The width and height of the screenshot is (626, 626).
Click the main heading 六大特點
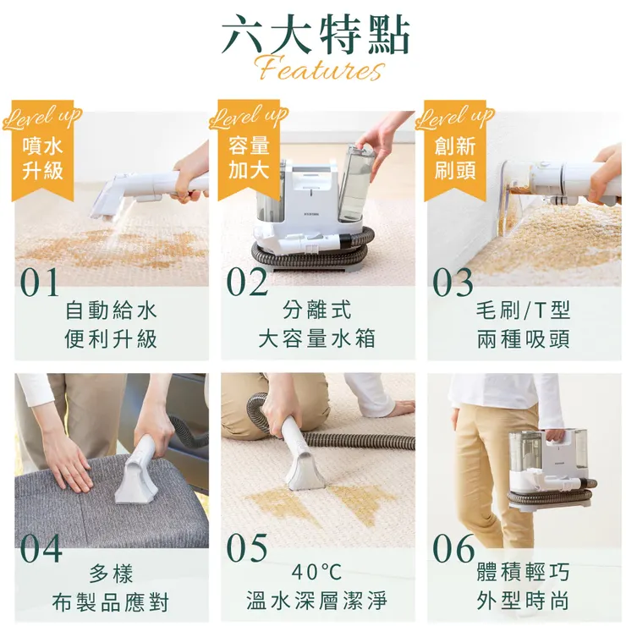316,36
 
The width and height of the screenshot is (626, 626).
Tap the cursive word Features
317,68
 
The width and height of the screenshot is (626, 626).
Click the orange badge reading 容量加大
249,157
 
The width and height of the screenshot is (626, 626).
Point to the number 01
40,283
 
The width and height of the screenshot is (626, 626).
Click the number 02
247,283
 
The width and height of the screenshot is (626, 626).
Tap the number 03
454,283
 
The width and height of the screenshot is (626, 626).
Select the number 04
41,548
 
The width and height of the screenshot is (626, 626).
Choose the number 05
247,548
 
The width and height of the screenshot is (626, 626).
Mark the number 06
454,548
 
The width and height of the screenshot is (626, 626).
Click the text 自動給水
111,310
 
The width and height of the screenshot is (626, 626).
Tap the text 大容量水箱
317,339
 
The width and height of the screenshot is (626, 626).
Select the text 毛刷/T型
523,310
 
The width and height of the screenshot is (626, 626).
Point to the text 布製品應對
111,602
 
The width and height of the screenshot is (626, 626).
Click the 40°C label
316,573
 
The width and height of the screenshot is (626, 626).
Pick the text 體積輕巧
523,573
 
